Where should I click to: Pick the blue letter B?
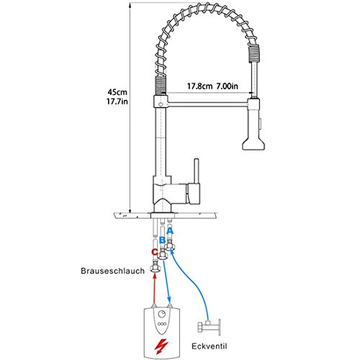tap(162, 240)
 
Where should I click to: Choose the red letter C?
tap(153, 252)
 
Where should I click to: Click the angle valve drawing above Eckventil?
tap(211, 328)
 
